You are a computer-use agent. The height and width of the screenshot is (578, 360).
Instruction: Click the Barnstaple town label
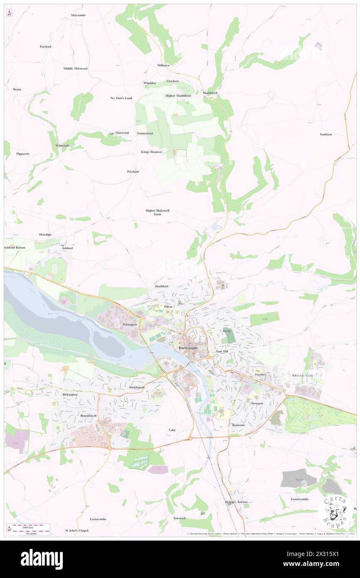(188, 348)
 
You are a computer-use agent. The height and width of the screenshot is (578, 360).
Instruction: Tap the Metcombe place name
(78, 15)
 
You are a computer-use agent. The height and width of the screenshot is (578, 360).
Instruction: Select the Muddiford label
(210, 93)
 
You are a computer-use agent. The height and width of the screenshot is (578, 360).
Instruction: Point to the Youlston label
(326, 134)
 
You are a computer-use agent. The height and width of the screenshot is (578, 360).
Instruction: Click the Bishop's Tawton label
(236, 502)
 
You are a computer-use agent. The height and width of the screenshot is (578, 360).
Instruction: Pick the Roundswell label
(89, 415)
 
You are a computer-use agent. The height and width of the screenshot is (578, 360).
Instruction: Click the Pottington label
(130, 324)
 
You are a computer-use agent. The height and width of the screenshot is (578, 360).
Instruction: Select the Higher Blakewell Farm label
(158, 212)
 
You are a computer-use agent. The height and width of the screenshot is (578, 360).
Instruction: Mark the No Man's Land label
(121, 98)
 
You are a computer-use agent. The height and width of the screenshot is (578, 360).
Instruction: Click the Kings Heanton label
(151, 152)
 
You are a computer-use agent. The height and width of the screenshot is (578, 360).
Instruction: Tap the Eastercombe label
(300, 499)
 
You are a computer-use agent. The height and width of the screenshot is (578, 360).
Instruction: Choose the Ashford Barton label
(15, 247)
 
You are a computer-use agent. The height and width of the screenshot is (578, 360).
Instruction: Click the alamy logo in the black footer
(42, 559)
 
